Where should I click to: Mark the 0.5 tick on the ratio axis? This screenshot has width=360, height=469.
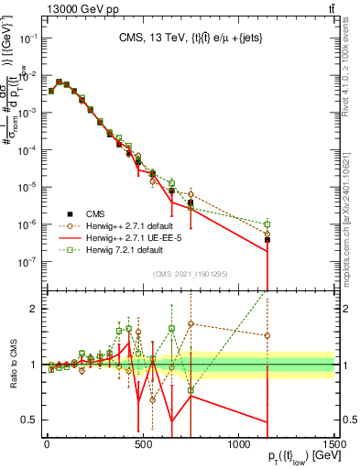[30, 420]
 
